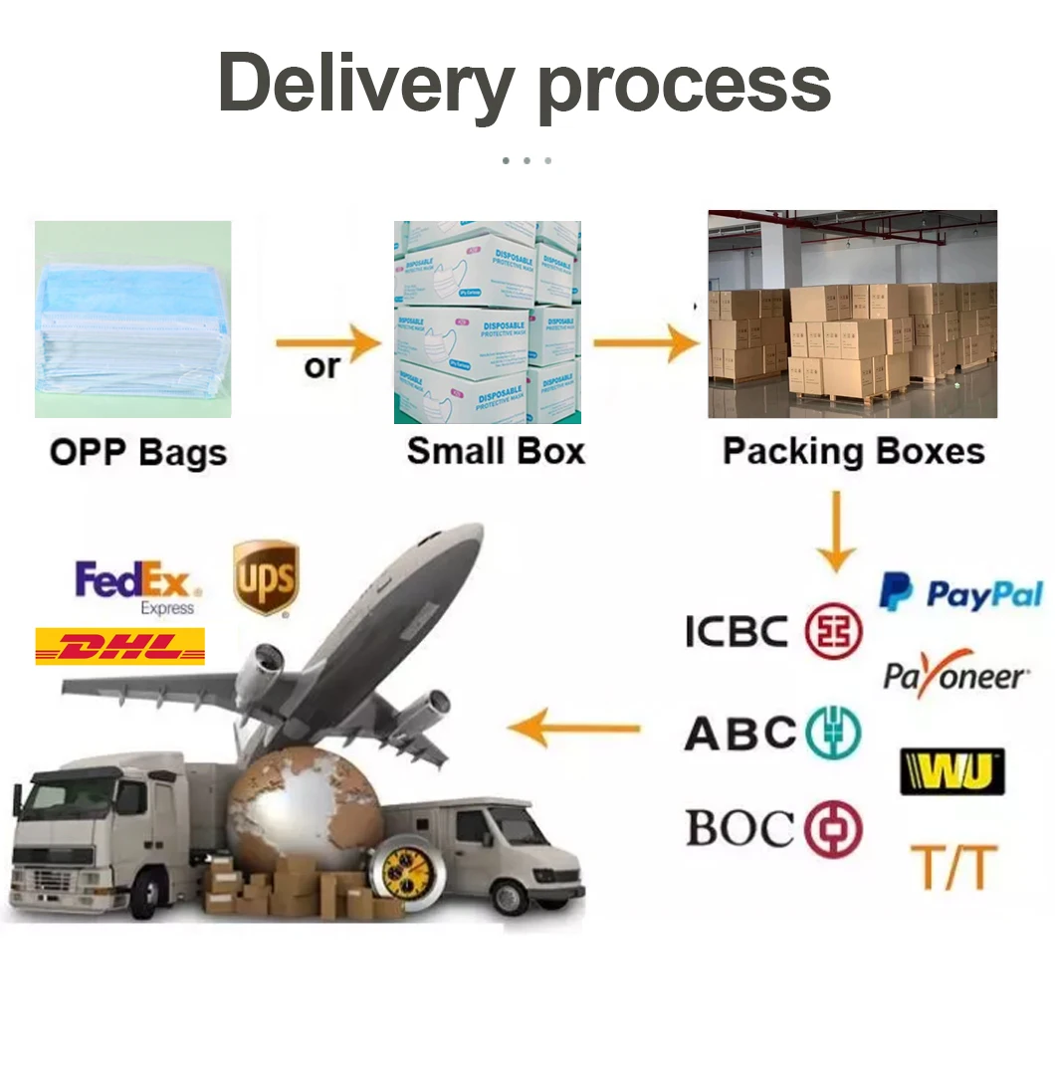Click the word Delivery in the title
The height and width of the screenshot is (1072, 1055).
(x=365, y=84)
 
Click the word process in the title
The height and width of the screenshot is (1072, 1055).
(x=684, y=88)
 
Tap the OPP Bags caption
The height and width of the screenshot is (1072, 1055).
(x=138, y=453)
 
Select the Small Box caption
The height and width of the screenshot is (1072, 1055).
(x=496, y=451)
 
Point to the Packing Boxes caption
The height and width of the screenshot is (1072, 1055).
(x=853, y=451)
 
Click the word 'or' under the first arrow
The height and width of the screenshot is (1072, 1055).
(x=320, y=367)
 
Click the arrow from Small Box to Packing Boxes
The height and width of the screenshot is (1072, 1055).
(x=646, y=343)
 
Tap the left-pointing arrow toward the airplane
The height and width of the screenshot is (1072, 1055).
(x=574, y=728)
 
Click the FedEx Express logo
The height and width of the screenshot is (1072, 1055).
(x=138, y=586)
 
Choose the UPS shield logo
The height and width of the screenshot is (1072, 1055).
(x=266, y=577)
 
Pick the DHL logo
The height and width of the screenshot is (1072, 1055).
(x=119, y=647)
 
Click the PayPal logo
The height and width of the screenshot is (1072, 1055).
(x=960, y=594)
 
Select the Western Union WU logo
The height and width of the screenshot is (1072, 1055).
(x=951, y=771)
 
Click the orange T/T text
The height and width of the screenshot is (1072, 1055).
(x=952, y=867)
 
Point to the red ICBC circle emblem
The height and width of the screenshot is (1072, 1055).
(x=833, y=631)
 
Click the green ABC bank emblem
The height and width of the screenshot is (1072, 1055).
(x=833, y=733)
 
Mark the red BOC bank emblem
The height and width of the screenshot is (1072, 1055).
(x=833, y=829)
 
